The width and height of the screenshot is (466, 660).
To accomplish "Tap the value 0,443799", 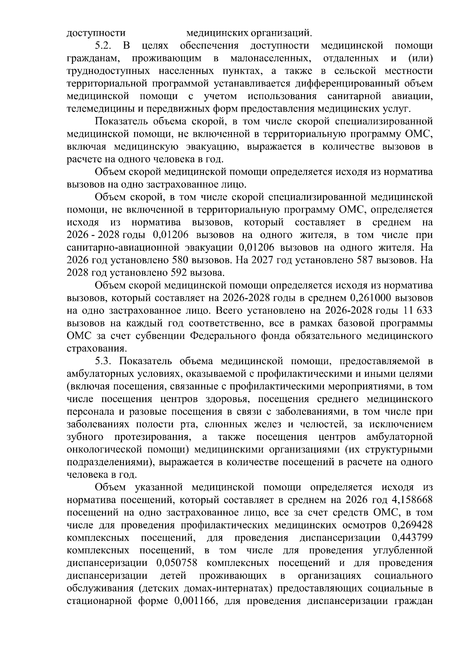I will (412, 538).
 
